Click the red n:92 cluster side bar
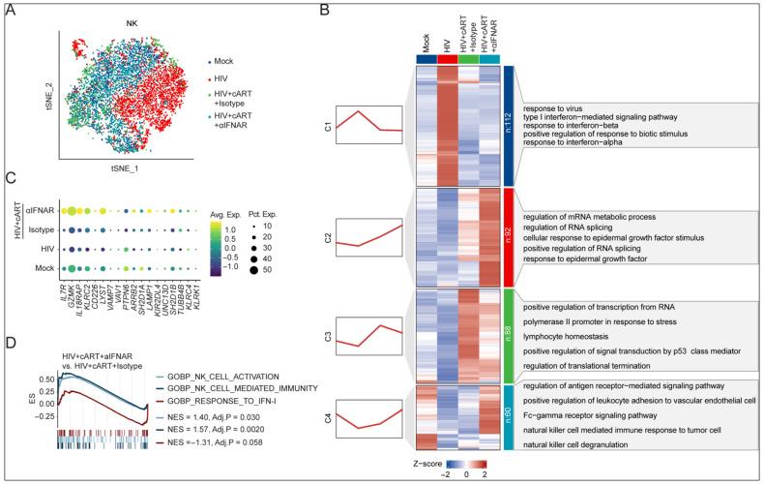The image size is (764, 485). (509, 234)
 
